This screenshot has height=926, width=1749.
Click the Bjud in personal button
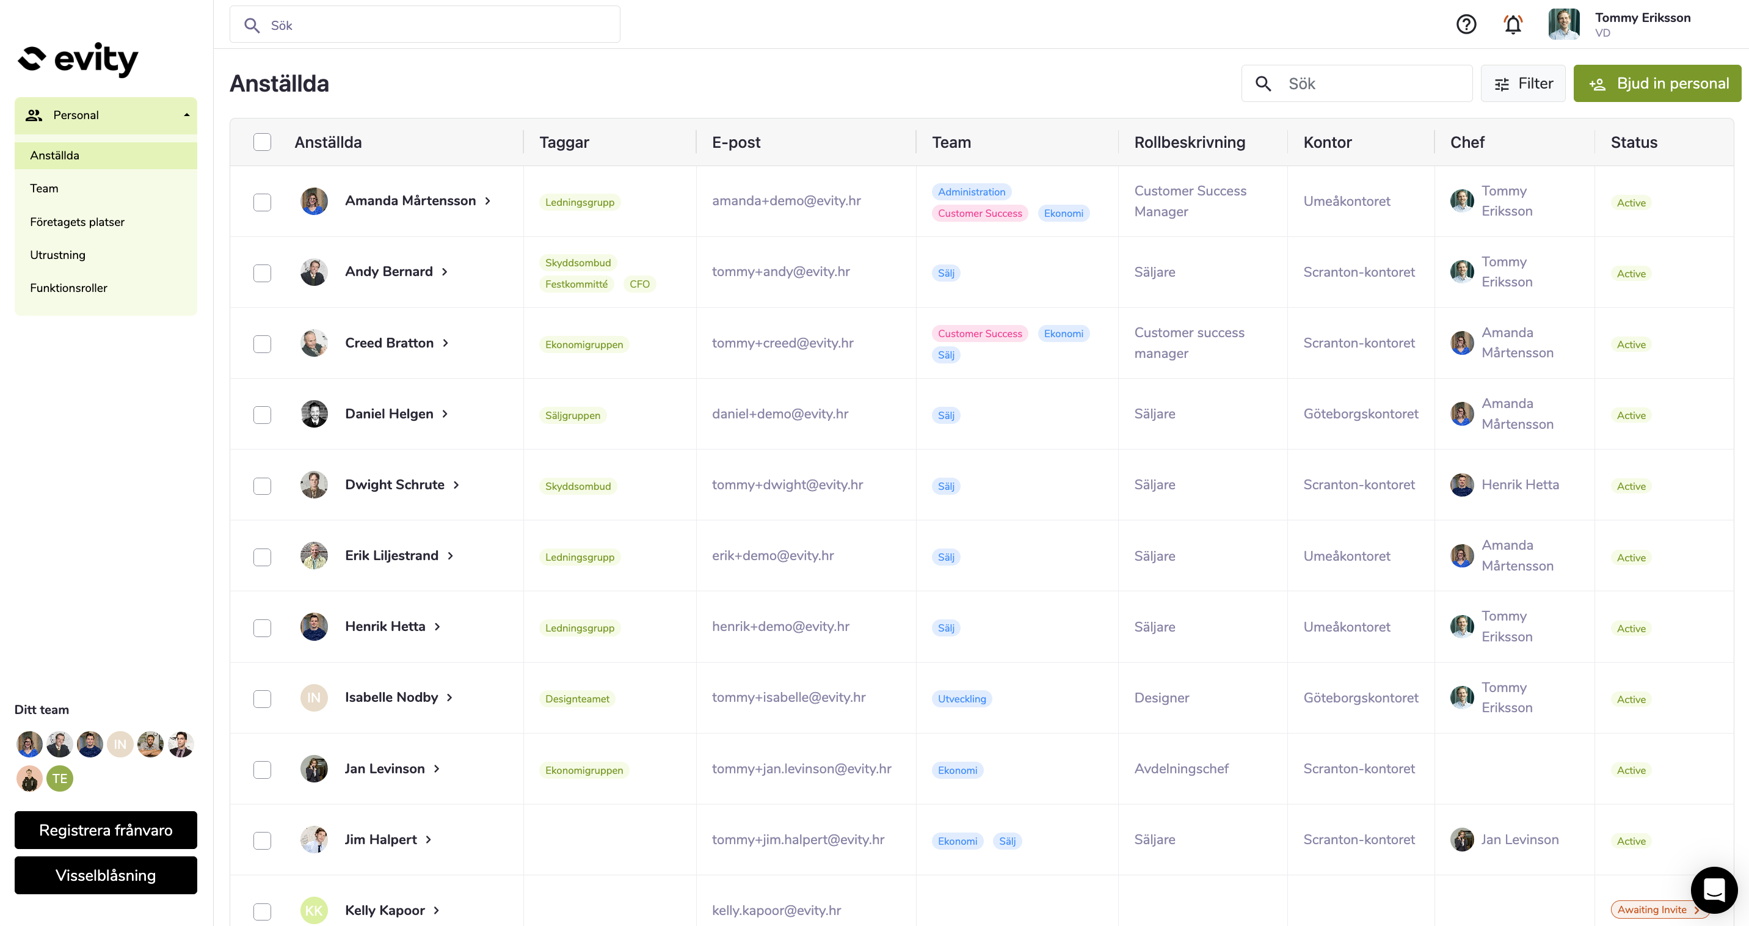[x=1657, y=84]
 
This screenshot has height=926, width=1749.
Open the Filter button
[x=1523, y=84]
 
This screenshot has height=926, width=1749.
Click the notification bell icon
[x=1513, y=24]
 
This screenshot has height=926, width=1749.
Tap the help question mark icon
[x=1466, y=24]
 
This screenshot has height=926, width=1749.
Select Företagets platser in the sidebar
[x=78, y=222]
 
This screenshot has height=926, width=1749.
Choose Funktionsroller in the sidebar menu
[x=68, y=288]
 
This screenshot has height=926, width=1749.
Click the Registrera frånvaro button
[x=106, y=829]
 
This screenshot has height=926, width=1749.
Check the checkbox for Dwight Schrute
[x=262, y=486]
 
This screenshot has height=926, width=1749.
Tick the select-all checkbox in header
[x=262, y=142]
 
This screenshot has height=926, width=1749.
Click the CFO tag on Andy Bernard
[x=639, y=284]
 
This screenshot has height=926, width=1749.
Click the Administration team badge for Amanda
[x=971, y=192]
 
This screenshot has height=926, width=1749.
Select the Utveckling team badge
[x=961, y=699]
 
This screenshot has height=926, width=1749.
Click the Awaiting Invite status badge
[x=1653, y=910]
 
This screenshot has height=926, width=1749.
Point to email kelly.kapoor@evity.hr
[x=776, y=910]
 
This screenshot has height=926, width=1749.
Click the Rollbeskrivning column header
[x=1190, y=142]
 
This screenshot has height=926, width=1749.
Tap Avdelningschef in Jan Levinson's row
[x=1180, y=768]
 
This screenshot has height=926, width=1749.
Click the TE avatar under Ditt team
[x=60, y=779]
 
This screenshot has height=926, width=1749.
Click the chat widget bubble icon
[x=1714, y=889]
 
